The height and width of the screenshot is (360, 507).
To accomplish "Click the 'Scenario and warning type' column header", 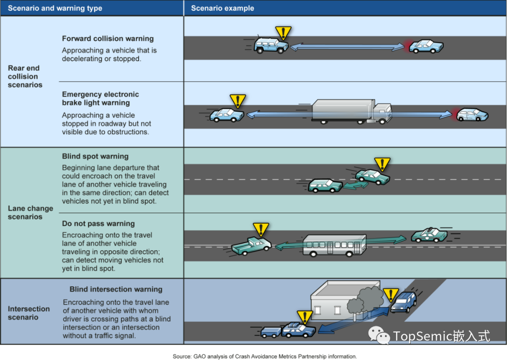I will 55,8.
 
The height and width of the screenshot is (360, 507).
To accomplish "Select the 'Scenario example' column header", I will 223,8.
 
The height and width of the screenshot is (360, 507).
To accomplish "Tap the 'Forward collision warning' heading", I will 108,38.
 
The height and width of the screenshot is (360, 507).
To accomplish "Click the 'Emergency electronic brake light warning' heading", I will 100,99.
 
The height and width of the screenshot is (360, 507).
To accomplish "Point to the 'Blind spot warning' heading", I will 95,156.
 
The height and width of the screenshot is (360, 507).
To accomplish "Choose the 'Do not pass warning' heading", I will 98,223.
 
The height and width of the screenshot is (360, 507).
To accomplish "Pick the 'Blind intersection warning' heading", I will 116,290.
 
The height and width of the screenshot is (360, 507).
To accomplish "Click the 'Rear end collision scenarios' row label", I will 25,77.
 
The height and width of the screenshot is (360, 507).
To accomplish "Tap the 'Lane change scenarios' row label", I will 31,213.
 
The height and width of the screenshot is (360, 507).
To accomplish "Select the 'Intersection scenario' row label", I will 29,313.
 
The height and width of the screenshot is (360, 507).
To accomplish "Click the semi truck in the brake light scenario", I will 351,112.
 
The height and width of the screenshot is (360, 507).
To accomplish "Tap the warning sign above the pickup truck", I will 261,230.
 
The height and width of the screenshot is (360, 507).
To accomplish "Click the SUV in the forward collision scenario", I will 271,45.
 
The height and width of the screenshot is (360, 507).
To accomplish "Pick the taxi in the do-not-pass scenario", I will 429,235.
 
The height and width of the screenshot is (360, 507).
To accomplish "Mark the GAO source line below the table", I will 265,356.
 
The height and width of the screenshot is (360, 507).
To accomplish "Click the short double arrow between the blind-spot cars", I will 355,186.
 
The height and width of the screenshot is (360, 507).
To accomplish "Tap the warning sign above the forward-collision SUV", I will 283,33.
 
